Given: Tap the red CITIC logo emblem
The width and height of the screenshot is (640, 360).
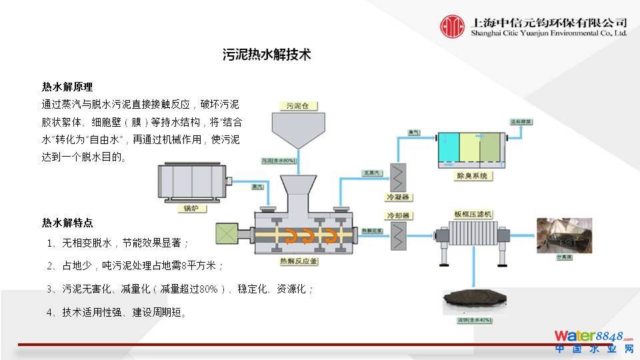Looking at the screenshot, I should [452, 26].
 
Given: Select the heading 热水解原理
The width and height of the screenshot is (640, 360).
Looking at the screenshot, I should [67, 87].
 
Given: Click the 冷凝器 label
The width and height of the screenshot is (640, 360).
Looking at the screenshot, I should [398, 197].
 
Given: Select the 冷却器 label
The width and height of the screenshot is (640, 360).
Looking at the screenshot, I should [398, 216].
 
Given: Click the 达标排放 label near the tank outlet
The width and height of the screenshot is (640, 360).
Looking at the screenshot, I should [521, 122].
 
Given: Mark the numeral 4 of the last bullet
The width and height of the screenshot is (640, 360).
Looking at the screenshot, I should [49, 312].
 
